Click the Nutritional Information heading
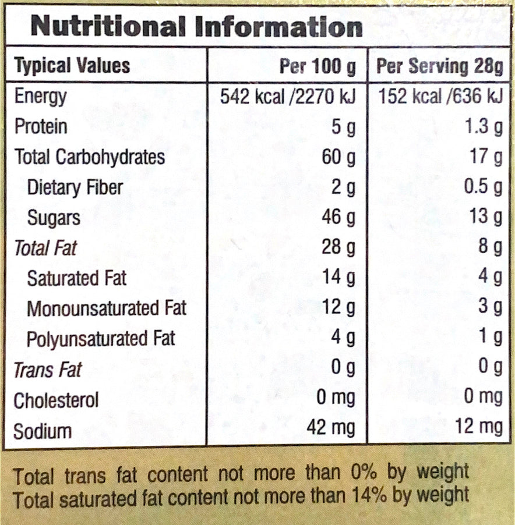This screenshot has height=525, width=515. coord(197,27)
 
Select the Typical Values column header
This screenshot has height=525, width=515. coord(72,66)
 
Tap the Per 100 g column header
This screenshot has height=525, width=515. coord(318,66)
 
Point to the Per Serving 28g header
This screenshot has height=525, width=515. coord(440,66)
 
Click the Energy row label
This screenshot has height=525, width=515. coord(41,97)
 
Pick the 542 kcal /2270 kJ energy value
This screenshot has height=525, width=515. coord(287,97)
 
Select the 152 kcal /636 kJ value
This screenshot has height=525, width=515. coord(440,97)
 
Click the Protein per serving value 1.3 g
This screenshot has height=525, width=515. coord(484,127)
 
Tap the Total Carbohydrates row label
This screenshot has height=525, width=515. coord(90,157)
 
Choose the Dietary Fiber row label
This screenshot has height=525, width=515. coord(75,187)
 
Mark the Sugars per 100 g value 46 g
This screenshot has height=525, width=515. coord(338,217)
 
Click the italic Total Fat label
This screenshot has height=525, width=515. coord(45,248)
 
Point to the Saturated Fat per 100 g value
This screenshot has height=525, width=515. coord(338,278)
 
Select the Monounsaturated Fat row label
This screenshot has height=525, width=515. coord(107,308)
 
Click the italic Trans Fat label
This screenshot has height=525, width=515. coord(48,370)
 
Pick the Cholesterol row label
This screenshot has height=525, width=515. coord(56,400)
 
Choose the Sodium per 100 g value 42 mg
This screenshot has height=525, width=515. coord(331,428)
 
